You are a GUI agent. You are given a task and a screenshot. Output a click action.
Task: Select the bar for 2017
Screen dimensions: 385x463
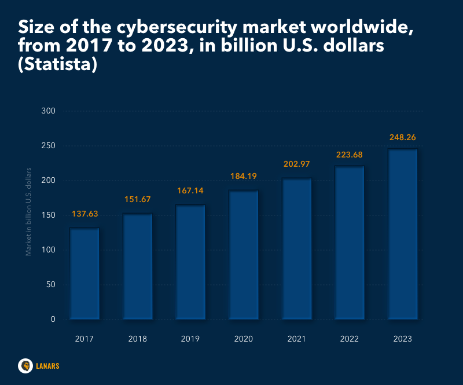[84, 273]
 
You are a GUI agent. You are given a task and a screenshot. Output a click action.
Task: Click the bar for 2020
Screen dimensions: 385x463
[244, 255]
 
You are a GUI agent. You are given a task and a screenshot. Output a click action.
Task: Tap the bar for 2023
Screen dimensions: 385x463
[403, 234]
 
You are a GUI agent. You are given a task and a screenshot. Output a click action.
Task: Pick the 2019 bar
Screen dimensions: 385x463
[190, 262]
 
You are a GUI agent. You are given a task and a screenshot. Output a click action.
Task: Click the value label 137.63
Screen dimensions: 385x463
[84, 214]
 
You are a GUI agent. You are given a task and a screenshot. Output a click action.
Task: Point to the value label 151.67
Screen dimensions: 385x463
[138, 200]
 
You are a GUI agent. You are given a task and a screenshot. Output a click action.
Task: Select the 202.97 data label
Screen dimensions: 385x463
[297, 164]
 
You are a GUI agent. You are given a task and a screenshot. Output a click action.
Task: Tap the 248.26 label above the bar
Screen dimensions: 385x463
[403, 138]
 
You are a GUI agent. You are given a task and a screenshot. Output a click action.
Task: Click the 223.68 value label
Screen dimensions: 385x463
[350, 154]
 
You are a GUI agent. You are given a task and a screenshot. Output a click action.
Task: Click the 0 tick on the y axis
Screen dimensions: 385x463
[52, 319]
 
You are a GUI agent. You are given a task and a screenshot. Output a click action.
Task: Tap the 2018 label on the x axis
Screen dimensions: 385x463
[138, 339]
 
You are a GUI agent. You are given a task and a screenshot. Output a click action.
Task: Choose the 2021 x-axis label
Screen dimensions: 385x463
[297, 339]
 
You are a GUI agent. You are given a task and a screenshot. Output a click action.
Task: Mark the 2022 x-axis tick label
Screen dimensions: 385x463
[350, 339]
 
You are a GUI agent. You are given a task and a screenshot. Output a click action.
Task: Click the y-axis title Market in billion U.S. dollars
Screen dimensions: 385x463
[28, 211]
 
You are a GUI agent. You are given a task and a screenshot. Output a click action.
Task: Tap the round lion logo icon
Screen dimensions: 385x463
[25, 365]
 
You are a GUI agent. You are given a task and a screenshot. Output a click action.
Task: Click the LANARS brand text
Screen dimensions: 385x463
[47, 366]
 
